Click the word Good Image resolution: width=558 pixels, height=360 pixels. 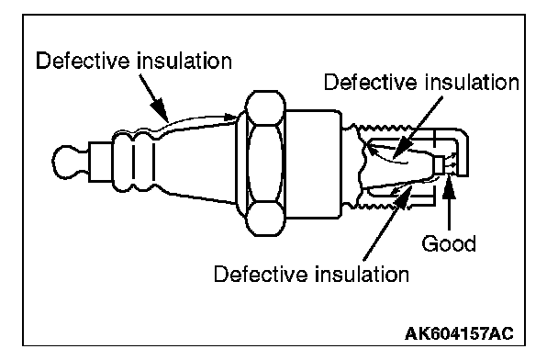449,244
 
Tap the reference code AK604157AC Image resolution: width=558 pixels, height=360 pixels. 459,333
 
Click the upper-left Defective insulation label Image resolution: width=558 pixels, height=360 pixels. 134,61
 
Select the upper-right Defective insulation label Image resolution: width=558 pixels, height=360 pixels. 421,83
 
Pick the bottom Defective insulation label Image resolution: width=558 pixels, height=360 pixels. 311,275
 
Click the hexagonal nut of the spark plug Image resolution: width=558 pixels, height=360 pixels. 265,163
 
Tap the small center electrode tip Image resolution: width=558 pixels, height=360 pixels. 439,165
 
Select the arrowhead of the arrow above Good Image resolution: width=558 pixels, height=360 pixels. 450,184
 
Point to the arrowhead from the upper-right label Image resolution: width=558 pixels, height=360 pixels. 401,148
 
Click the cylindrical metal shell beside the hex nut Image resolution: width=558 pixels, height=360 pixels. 313,163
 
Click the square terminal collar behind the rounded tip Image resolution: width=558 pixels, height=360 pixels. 100,162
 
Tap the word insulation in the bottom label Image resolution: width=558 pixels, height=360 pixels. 363,275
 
